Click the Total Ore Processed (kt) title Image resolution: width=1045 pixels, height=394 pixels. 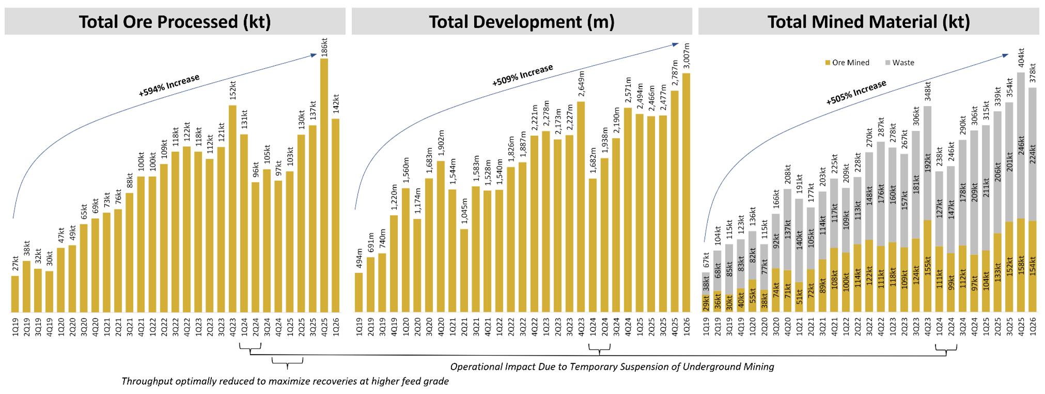tap(175, 22)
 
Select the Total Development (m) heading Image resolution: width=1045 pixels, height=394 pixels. tap(522, 22)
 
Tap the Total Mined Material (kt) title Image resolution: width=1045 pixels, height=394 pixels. tap(868, 22)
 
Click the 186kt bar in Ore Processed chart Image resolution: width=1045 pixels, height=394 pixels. tap(324, 186)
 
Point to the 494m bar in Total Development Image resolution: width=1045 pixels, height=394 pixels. tap(358, 292)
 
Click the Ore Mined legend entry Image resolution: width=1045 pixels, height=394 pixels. tap(847, 63)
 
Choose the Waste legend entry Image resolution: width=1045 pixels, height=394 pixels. tap(900, 63)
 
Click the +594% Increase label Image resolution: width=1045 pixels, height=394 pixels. tap(169, 85)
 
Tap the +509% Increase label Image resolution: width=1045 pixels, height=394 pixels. tap(522, 75)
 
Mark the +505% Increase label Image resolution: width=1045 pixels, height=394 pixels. tap(856, 92)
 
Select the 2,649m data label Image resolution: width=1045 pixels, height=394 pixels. tap(582, 84)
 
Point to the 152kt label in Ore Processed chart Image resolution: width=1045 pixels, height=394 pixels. tap(233, 90)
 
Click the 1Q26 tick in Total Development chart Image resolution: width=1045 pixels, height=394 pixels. tap(687, 327)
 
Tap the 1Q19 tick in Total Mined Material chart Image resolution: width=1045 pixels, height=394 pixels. tap(706, 327)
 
